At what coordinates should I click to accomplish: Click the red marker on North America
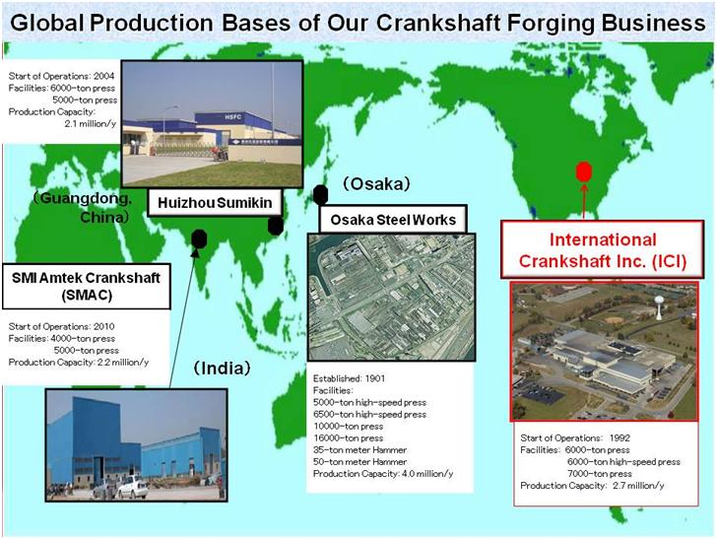click(x=584, y=172)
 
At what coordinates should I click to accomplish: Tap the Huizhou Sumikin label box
click(x=215, y=203)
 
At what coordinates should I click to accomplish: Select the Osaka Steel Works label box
click(x=393, y=220)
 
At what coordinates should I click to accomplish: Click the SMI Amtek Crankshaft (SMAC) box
click(x=86, y=286)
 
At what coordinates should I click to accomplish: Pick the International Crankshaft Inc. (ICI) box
click(x=602, y=250)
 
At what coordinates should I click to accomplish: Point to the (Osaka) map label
click(x=377, y=184)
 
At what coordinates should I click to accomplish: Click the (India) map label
click(x=222, y=369)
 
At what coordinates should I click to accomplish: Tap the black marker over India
click(x=199, y=237)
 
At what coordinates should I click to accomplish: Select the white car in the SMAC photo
click(x=133, y=487)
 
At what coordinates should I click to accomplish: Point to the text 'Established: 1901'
click(x=349, y=378)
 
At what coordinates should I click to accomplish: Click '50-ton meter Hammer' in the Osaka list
click(x=359, y=462)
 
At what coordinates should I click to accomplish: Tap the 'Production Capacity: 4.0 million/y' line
click(x=383, y=474)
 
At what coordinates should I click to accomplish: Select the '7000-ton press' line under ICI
click(x=600, y=474)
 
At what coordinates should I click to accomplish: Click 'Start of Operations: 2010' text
click(x=62, y=327)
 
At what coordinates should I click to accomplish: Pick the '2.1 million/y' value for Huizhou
click(x=90, y=123)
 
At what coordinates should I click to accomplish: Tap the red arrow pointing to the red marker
click(x=584, y=200)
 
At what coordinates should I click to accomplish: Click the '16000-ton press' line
click(x=348, y=438)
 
